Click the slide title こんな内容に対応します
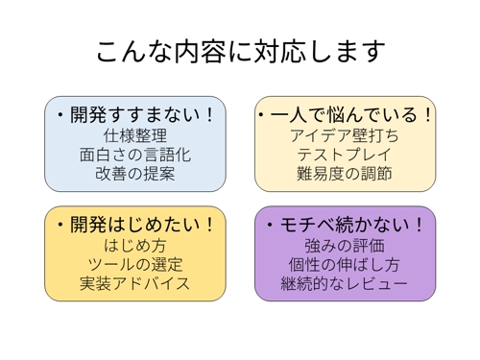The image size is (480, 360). coord(240,50)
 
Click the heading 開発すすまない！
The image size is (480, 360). coord(141,115)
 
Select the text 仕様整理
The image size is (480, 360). coord(134,136)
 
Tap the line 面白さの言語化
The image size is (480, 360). coord(134,156)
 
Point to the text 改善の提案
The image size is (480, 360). coord(134,175)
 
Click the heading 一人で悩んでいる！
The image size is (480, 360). coord(350,115)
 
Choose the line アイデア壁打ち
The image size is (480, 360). coord(344,136)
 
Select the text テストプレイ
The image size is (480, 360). coord(344,156)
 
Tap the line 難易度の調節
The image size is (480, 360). coord(344,175)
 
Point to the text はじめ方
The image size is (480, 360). coord(134,246)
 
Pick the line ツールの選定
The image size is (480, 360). coord(134,265)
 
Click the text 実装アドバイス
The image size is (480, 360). coord(134,284)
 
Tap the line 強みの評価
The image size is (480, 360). coord(344,246)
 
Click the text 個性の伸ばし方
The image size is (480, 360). coord(344,265)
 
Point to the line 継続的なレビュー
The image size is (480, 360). coord(344,284)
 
